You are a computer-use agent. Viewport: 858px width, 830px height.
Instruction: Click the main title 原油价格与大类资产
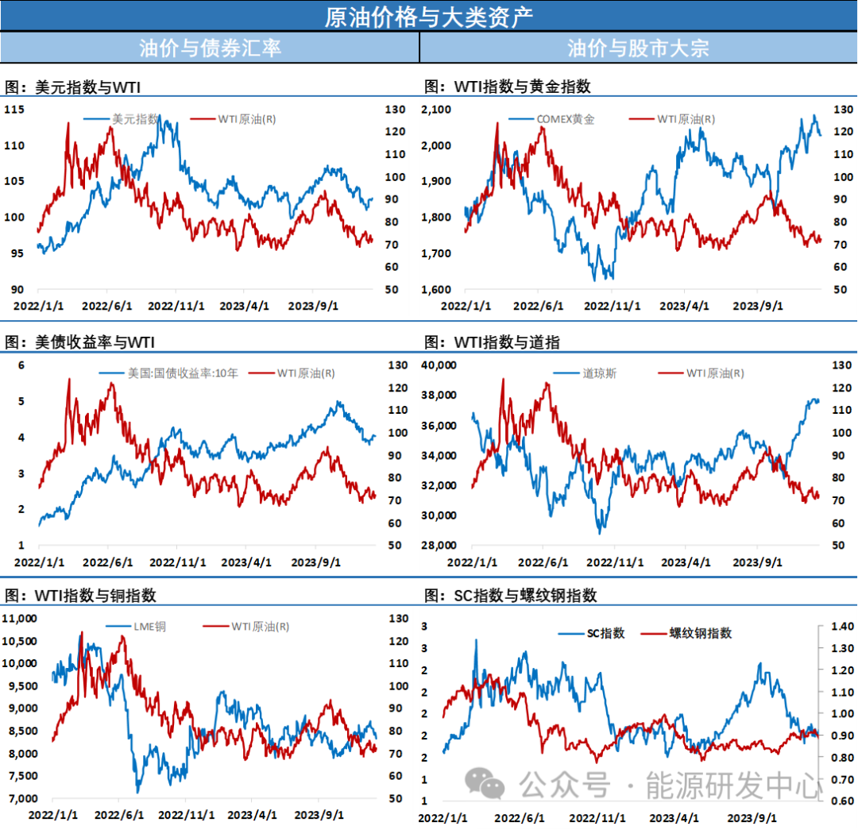tap(428, 16)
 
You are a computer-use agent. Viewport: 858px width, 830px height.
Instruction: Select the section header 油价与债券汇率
tap(210, 47)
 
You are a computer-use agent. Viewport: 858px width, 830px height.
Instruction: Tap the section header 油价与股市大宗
tap(638, 47)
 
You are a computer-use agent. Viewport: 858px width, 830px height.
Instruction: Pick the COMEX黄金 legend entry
tap(565, 119)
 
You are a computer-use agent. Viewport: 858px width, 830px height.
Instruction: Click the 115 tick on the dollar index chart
tap(14, 110)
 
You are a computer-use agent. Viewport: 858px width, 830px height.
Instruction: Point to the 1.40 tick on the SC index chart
tap(836, 627)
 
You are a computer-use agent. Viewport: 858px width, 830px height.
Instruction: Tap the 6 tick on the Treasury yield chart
tap(21, 365)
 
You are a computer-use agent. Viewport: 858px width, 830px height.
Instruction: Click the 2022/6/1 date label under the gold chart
tap(540, 306)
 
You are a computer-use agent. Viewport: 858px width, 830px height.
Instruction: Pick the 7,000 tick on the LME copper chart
tap(21, 798)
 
